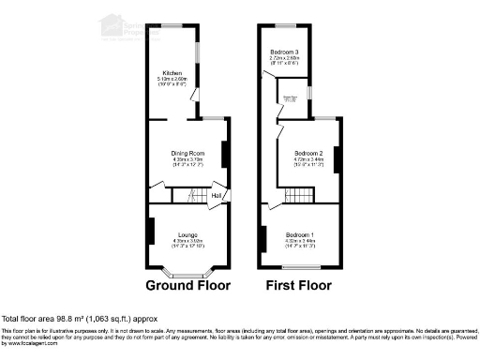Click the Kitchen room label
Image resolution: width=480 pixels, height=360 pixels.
(x=172, y=72)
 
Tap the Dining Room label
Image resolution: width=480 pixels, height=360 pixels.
(x=187, y=153)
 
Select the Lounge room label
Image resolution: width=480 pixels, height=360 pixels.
(x=187, y=234)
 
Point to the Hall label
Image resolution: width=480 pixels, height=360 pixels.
(x=215, y=195)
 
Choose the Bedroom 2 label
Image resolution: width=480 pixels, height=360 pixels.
(x=308, y=153)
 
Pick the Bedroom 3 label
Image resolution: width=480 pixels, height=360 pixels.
(x=285, y=52)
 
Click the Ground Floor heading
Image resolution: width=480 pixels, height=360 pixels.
(x=188, y=285)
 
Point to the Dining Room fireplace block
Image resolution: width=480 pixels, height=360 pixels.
(x=224, y=154)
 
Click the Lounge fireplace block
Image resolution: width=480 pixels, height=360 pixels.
(x=150, y=231)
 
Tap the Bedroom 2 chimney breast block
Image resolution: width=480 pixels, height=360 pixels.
(x=337, y=154)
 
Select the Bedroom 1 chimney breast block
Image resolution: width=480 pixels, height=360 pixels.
(x=263, y=238)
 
